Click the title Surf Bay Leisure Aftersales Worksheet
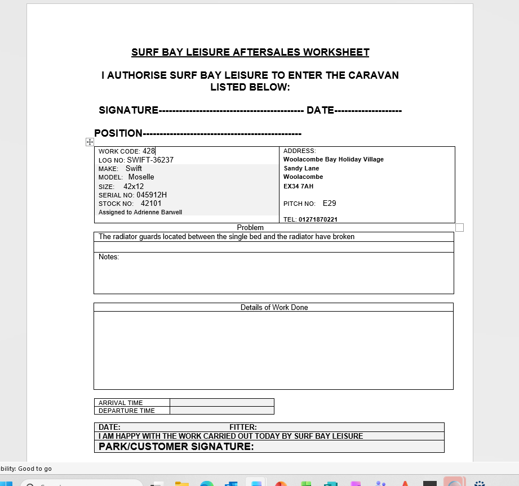point(250,52)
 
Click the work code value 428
point(149,151)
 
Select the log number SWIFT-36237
point(150,160)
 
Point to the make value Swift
point(134,168)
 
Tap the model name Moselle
point(141,177)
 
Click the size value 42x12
point(134,186)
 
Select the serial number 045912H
point(152,195)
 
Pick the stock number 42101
point(151,203)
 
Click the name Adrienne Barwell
point(158,212)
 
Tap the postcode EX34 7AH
point(298,186)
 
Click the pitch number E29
point(329,203)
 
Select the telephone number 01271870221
point(318,219)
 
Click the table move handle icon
point(90,142)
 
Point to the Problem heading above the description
point(250,227)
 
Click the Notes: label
point(109,256)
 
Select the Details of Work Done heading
point(274,307)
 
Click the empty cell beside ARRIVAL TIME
point(221,403)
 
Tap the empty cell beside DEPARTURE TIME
point(221,411)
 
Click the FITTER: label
point(243,427)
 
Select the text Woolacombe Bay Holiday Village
point(333,159)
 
